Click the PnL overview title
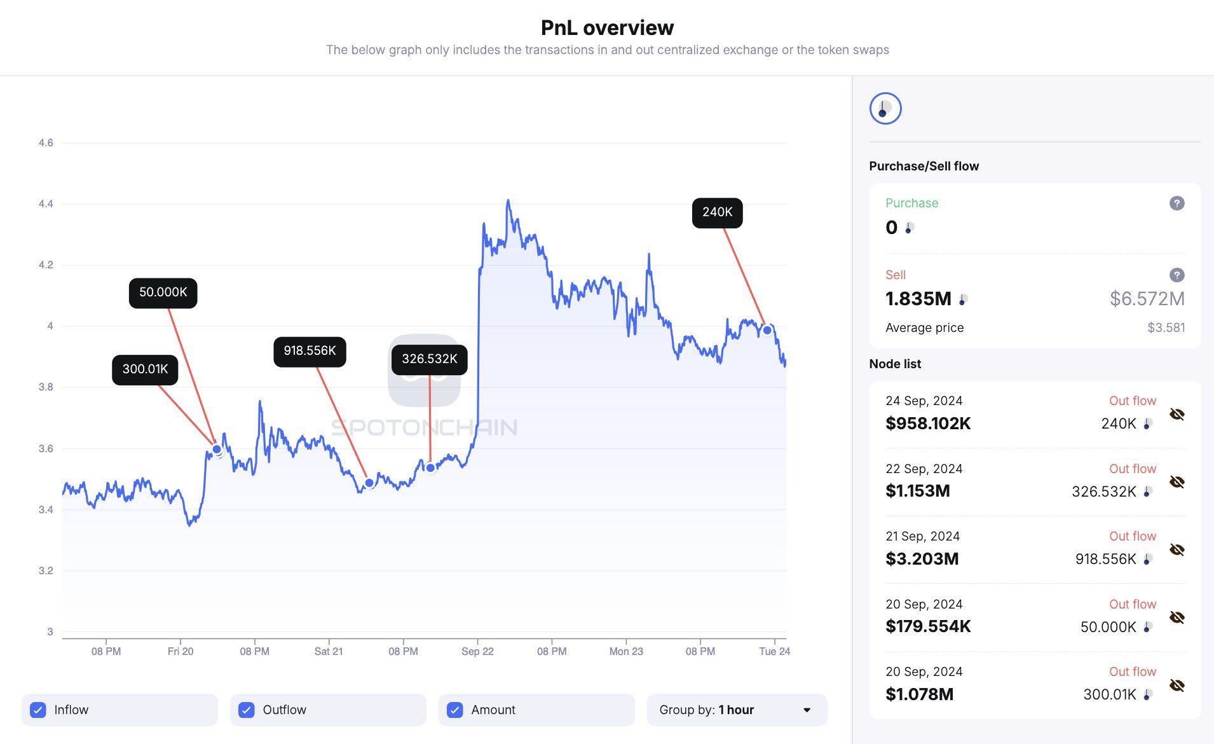[x=607, y=28]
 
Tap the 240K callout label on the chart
[x=717, y=212]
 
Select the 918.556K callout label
[x=310, y=351]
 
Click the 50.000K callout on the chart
[x=163, y=293]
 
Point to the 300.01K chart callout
[x=145, y=369]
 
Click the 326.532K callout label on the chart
[x=429, y=359]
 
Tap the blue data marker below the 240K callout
[x=767, y=330]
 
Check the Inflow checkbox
[x=38, y=710]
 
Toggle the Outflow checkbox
[x=247, y=710]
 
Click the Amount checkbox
[x=455, y=710]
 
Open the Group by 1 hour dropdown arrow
[x=807, y=710]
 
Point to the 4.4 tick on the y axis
[x=46, y=204]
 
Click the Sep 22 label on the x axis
[x=477, y=651]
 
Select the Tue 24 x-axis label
[x=774, y=651]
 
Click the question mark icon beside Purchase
[x=1176, y=203]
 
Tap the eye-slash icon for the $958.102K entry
[x=1176, y=415]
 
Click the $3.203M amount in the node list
[x=922, y=559]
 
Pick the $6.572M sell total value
[x=1147, y=299]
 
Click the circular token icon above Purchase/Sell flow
[x=885, y=109]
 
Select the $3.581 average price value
[x=1166, y=328]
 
